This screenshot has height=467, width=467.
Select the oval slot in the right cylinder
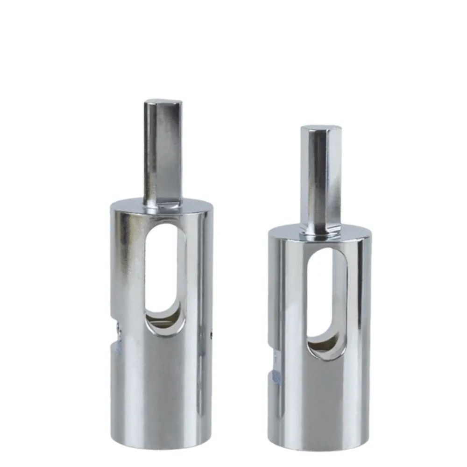(x=327, y=304)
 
